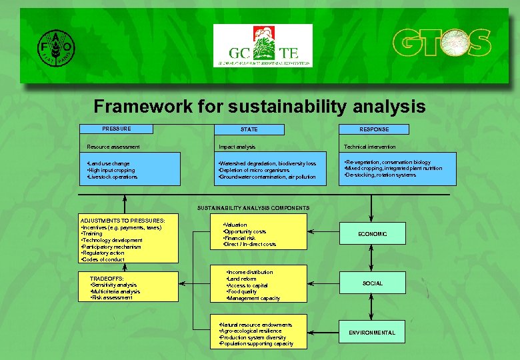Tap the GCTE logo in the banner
click(x=262, y=45)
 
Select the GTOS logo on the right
click(x=441, y=44)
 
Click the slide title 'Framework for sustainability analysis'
click(x=259, y=106)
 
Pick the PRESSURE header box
click(x=116, y=129)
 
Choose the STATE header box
click(x=249, y=129)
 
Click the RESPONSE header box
click(x=374, y=129)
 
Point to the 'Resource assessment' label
click(x=114, y=147)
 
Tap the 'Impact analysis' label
click(x=237, y=147)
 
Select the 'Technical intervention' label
click(x=369, y=147)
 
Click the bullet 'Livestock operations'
click(x=113, y=177)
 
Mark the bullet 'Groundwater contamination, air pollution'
click(x=258, y=177)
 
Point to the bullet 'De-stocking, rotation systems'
click(x=380, y=175)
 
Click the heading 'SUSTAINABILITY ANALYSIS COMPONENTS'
click(x=253, y=208)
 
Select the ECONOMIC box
click(x=372, y=234)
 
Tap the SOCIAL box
click(x=372, y=283)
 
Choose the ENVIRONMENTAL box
click(x=372, y=332)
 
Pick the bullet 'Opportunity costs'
click(x=245, y=232)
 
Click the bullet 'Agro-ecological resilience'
click(x=251, y=331)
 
